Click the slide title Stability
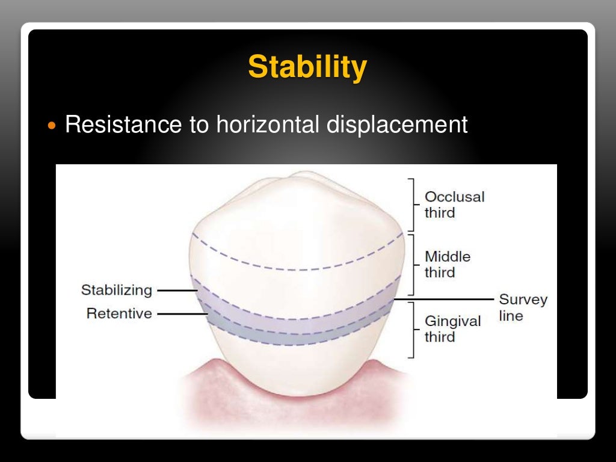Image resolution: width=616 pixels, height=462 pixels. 307,67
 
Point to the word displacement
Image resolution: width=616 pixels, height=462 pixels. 397,126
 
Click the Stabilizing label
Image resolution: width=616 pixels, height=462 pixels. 117,290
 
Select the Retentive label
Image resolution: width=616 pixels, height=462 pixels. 119,313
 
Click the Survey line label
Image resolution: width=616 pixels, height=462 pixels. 523,307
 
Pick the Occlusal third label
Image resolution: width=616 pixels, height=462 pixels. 454,205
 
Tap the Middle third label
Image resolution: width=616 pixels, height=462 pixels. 448,264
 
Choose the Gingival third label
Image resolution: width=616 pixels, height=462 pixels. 452,328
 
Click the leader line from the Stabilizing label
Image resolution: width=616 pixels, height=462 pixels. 177,291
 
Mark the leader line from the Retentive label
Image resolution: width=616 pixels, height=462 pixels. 181,313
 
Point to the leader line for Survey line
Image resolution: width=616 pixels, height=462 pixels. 443,298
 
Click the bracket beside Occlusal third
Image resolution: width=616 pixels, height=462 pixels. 412,205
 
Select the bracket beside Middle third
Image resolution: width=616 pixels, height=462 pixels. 412,264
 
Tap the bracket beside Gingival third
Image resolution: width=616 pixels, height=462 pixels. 412,330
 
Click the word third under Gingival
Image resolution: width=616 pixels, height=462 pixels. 440,337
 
